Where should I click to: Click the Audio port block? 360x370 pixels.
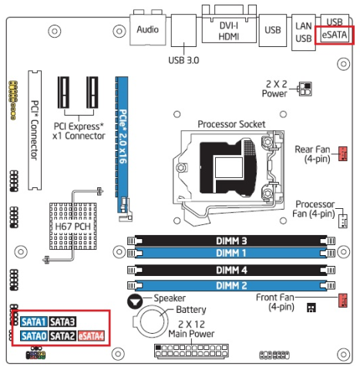pos(148,29)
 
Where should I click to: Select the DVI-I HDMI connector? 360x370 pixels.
pos(229,29)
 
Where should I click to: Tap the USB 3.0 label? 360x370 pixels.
pos(183,60)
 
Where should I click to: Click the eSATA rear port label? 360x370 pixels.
pos(335,35)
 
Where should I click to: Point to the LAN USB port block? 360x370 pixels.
pos(304,32)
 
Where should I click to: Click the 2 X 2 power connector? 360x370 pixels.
pos(305,89)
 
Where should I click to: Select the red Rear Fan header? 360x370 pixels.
pos(343,153)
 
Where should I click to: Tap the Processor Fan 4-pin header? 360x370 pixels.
pos(343,221)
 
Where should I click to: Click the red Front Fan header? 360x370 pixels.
pos(343,301)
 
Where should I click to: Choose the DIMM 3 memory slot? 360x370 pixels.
pos(231,240)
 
